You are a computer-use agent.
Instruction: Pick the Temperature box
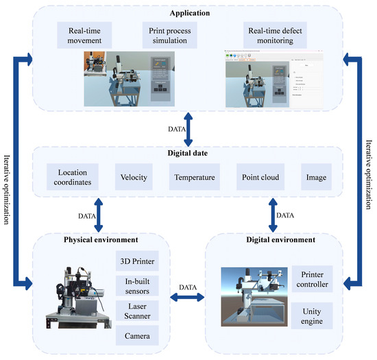click(x=193, y=177)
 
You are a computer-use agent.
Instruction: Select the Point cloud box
click(x=259, y=177)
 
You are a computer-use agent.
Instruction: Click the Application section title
click(x=188, y=12)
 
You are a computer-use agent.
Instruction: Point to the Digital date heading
click(x=188, y=154)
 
